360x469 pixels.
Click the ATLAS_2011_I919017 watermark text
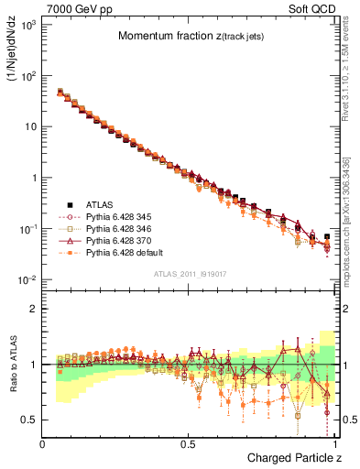189,275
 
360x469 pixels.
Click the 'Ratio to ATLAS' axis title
13,364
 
